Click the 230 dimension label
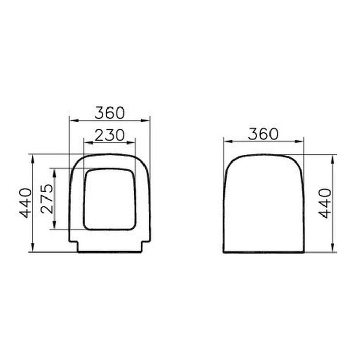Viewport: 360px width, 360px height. click(110, 135)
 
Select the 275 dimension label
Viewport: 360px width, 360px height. click(47, 199)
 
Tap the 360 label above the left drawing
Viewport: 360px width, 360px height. click(110, 112)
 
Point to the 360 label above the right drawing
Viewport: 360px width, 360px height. click(263, 134)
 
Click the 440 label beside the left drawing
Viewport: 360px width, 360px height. click(26, 203)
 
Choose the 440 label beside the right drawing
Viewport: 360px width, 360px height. click(325, 203)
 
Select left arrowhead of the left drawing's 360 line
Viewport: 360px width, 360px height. click(73, 121)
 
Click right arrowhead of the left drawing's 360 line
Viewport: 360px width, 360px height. click(147, 121)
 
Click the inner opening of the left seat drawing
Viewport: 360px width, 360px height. click(110, 199)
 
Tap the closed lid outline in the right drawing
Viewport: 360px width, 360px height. click(264, 203)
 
